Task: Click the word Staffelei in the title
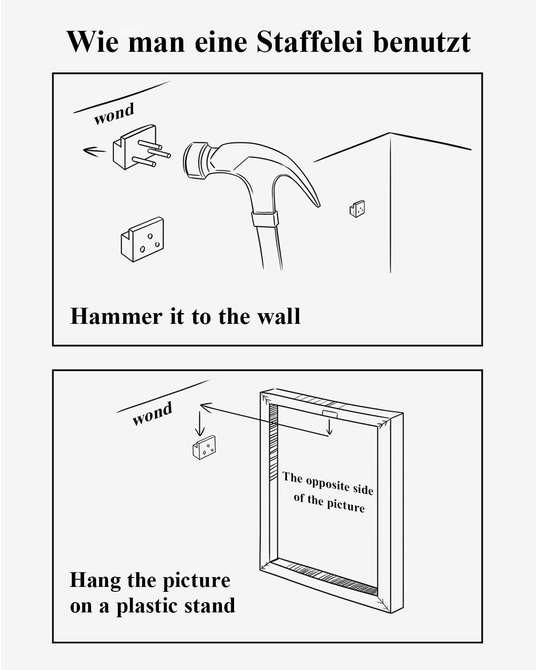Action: pyautogui.click(x=310, y=42)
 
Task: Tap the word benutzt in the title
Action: pyautogui.click(x=422, y=42)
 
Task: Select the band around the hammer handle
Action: pyautogui.click(x=264, y=219)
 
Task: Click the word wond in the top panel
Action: pyautogui.click(x=114, y=114)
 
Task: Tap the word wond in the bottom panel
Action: pyautogui.click(x=152, y=414)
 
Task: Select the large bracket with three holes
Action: pyautogui.click(x=142, y=239)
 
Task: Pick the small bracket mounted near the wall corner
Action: pyautogui.click(x=357, y=209)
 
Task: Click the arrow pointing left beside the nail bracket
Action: pyautogui.click(x=94, y=151)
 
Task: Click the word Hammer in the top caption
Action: pyautogui.click(x=116, y=317)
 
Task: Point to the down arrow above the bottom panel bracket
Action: pyautogui.click(x=200, y=423)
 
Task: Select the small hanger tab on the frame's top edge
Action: pyautogui.click(x=330, y=414)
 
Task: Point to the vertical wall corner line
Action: pyautogui.click(x=390, y=203)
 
